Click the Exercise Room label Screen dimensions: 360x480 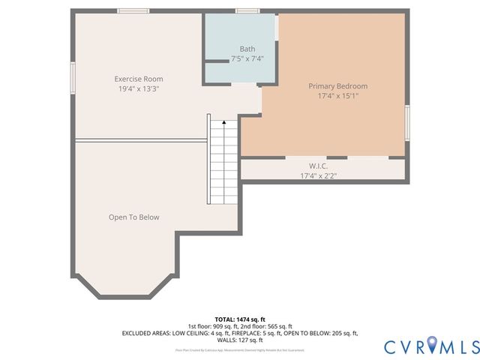tap(138, 79)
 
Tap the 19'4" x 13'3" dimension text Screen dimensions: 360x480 tap(138, 88)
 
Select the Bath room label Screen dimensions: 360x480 tap(247, 49)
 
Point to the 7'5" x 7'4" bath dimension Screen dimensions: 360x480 tap(247, 58)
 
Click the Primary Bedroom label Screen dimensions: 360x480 tap(337, 86)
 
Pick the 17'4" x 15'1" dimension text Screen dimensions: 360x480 tap(337, 96)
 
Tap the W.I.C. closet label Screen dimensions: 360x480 tap(318, 166)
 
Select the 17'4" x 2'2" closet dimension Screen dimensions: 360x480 tap(318, 176)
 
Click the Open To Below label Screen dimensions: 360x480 tap(133, 217)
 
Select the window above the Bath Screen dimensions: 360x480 tap(247, 10)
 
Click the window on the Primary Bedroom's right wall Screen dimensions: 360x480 tap(407, 122)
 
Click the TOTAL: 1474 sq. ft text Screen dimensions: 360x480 tap(240, 319)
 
